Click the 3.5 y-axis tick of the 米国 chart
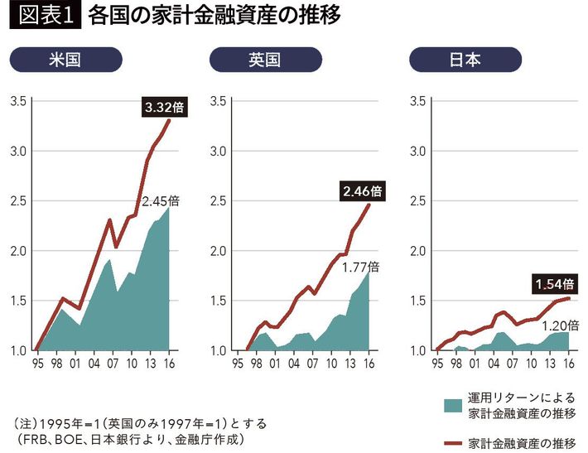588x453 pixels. pyautogui.click(x=18, y=101)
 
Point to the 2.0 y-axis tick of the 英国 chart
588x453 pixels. pyautogui.click(x=219, y=251)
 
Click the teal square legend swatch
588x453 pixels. pyautogui.click(x=452, y=405)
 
